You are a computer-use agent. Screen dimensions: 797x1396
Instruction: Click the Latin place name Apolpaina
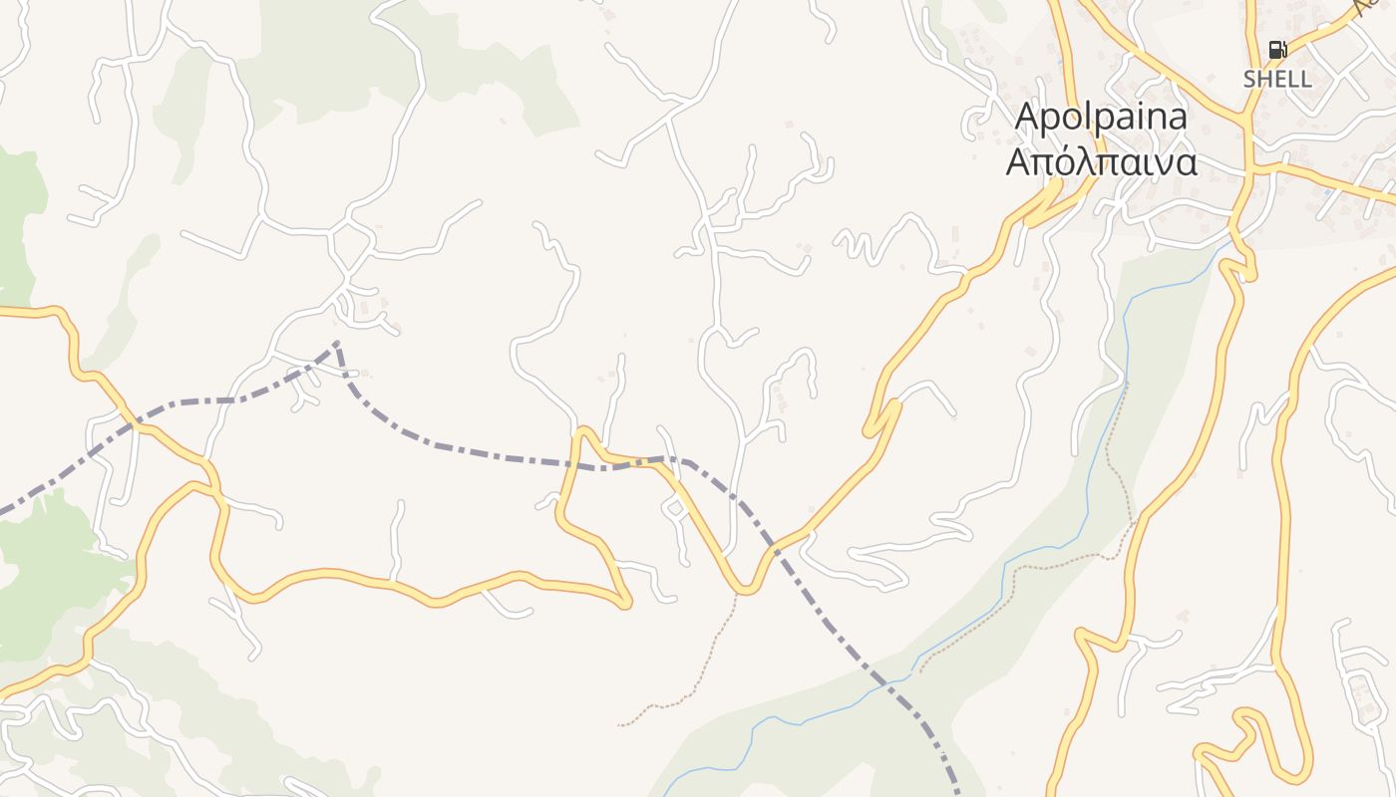click(x=1101, y=117)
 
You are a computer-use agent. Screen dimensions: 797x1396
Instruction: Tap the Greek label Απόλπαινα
click(x=1101, y=162)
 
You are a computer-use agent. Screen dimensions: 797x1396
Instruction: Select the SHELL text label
click(x=1276, y=79)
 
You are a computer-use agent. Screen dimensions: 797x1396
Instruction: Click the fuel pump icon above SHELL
click(x=1276, y=49)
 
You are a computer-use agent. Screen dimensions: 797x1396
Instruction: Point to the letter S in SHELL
click(x=1249, y=79)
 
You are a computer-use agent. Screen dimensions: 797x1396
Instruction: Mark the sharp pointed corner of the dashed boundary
click(x=337, y=344)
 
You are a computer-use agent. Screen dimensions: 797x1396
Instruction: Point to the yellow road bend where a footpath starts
click(x=742, y=591)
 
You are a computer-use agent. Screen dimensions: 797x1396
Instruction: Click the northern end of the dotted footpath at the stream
click(x=1126, y=384)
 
